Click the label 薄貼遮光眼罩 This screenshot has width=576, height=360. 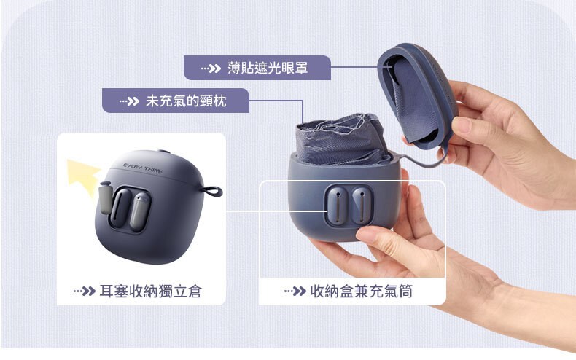point(268,68)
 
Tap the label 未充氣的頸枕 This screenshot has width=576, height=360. point(186,101)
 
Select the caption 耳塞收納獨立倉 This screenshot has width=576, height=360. point(151,291)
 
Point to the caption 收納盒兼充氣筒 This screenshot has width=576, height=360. point(362,291)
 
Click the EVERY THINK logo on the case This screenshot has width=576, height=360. point(143,168)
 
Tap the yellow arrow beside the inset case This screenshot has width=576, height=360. point(84,176)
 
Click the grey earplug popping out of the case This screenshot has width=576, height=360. point(105,197)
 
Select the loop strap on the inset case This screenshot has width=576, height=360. point(212,191)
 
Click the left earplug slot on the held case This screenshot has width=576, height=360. point(336,206)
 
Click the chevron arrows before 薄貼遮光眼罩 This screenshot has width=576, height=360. point(211,69)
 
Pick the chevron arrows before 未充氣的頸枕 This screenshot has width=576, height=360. point(129,101)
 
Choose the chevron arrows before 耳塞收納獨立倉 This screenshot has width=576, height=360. point(84,291)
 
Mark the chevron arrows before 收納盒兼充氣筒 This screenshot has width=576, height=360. point(295,291)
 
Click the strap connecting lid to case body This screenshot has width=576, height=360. point(422,162)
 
